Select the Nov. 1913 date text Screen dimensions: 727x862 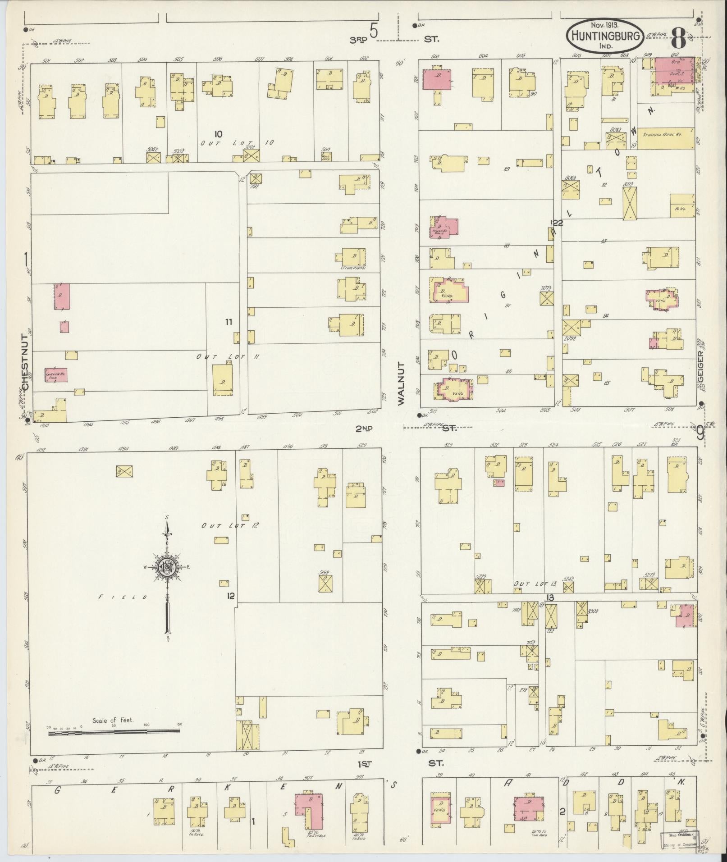(605, 26)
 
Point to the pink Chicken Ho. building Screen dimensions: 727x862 (55, 374)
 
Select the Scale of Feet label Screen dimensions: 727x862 (113, 721)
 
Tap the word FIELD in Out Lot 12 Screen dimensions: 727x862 (123, 597)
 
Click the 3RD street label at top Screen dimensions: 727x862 (359, 40)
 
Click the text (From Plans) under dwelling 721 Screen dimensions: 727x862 (353, 269)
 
